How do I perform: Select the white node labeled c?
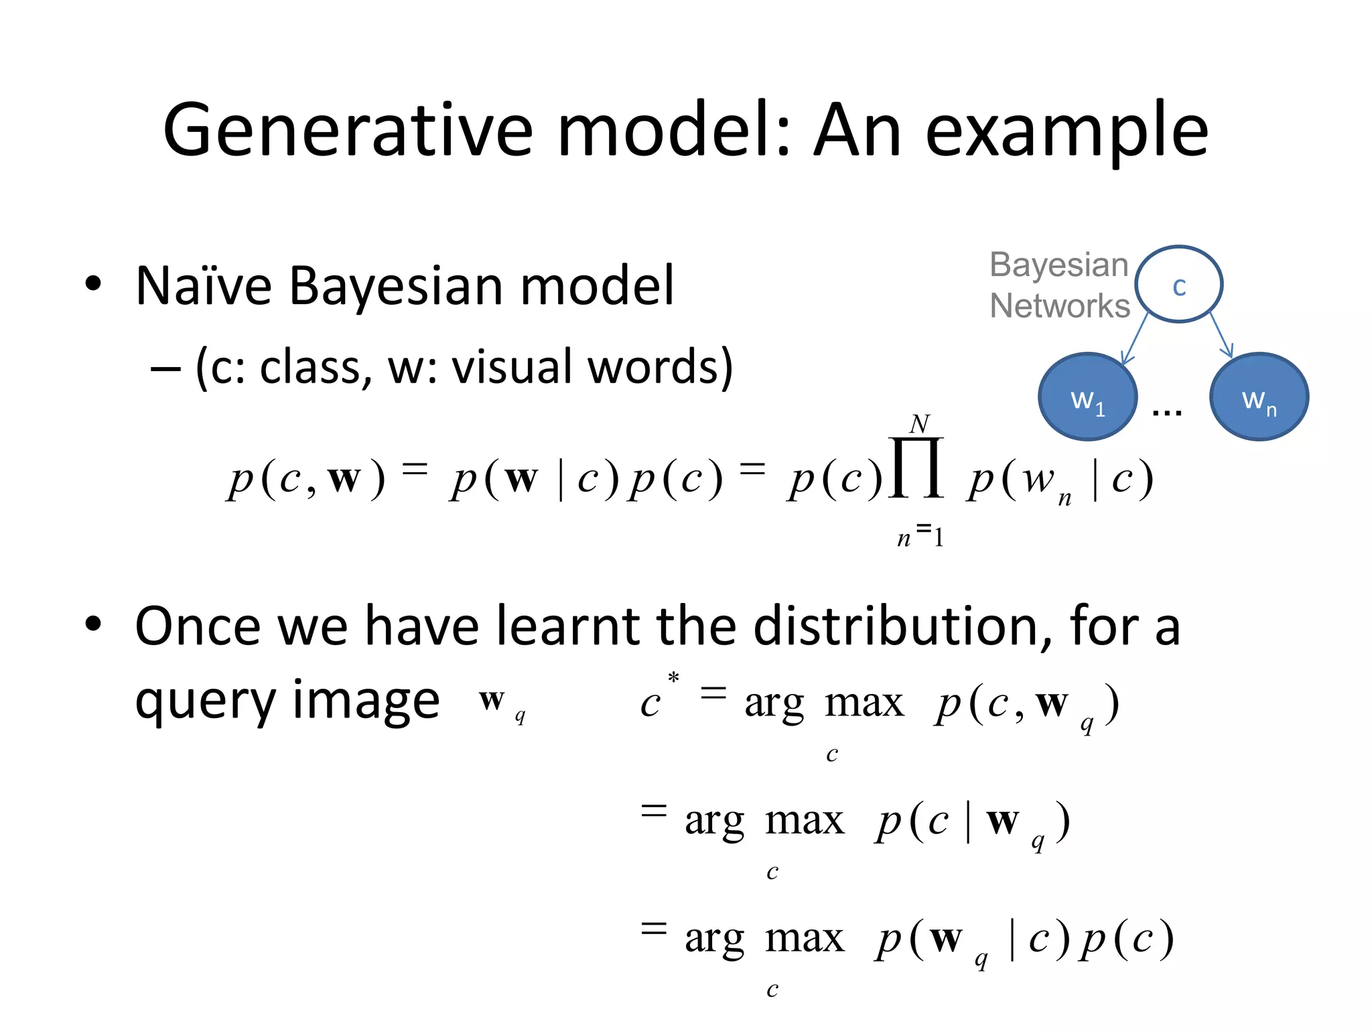tap(1179, 285)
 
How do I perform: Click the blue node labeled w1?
tap(1087, 397)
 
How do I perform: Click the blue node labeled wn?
tap(1259, 397)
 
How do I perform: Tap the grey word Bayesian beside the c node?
tap(1059, 265)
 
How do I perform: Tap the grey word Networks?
tap(1060, 306)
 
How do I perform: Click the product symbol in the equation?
tap(916, 468)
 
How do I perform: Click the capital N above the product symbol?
tap(920, 423)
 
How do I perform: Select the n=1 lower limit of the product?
tap(920, 536)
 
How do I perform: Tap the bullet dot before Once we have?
tap(93, 624)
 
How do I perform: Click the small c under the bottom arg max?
tap(772, 989)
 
